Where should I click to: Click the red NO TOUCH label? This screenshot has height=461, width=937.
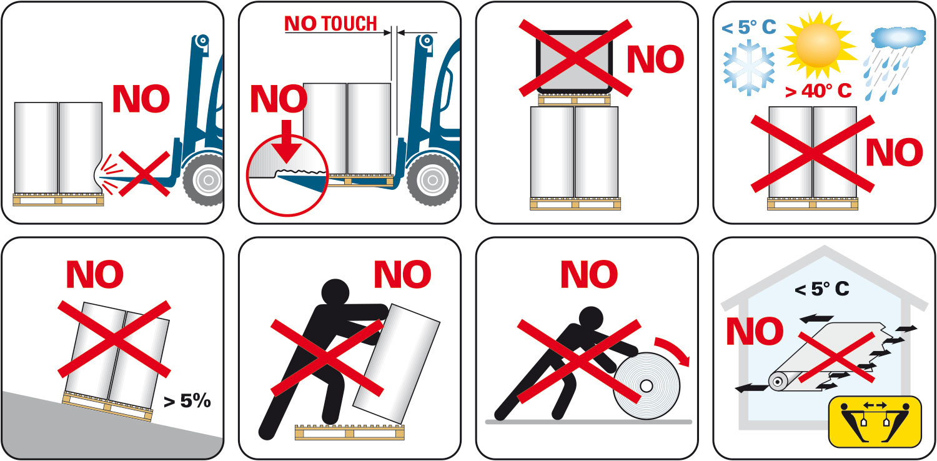click(x=330, y=24)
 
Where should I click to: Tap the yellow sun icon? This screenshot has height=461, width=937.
click(x=818, y=45)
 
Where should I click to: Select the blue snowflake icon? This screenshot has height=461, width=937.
click(x=749, y=67)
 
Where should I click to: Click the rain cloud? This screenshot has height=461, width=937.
click(x=898, y=37)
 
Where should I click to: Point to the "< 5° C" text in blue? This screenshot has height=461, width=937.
click(x=749, y=27)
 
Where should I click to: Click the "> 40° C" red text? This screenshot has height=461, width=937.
click(x=818, y=91)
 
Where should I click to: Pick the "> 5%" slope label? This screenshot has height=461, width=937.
click(x=187, y=401)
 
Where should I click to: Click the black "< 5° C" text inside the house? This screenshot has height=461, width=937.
click(x=821, y=289)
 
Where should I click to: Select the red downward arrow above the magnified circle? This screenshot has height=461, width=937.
click(x=286, y=141)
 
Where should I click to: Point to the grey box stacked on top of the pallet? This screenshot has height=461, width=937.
click(x=574, y=62)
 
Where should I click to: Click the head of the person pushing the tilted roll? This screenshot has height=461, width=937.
click(x=335, y=292)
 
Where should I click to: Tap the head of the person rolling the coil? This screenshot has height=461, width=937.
click(x=591, y=320)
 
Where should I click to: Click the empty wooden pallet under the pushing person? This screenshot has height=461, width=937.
click(x=350, y=432)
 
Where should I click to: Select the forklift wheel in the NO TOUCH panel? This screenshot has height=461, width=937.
click(x=433, y=180)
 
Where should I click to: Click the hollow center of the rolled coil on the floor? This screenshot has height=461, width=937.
click(x=647, y=385)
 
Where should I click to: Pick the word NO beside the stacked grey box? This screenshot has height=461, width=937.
click(x=655, y=59)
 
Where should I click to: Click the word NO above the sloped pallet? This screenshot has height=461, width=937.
click(x=95, y=274)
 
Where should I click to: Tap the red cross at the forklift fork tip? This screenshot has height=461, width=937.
click(x=144, y=174)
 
